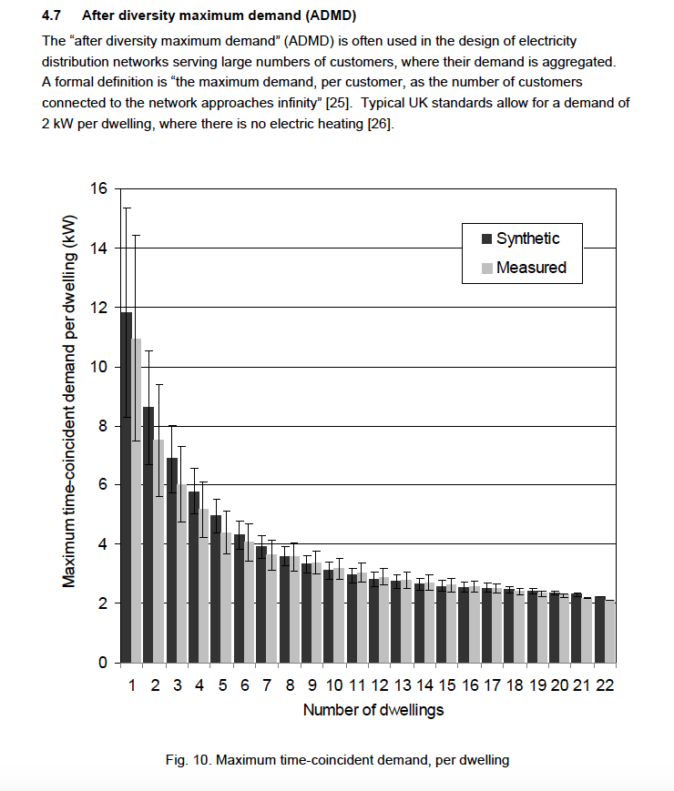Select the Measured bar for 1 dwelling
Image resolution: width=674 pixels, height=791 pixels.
[x=137, y=501]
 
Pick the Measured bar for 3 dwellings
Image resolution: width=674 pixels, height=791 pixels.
[x=181, y=573]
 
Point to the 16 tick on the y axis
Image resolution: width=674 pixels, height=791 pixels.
[x=98, y=188]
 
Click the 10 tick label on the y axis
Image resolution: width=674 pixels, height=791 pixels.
[x=98, y=367]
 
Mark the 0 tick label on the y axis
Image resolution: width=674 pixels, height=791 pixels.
[x=102, y=663]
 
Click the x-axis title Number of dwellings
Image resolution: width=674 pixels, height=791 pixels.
[x=373, y=710]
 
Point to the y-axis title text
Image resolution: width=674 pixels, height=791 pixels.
[x=69, y=401]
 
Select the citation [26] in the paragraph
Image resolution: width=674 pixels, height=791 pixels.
[x=380, y=123]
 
